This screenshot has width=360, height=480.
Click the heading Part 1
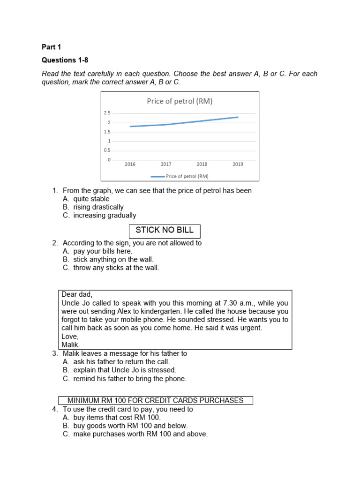pyautogui.click(x=52, y=47)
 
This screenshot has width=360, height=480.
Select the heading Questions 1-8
pyautogui.click(x=65, y=60)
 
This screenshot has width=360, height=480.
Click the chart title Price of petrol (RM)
pyautogui.click(x=180, y=101)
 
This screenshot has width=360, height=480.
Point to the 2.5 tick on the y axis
pyautogui.click(x=107, y=113)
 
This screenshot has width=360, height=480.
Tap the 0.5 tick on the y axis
pyautogui.click(x=107, y=150)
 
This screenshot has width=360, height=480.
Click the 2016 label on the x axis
pyautogui.click(x=130, y=165)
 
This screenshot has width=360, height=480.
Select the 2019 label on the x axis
pyautogui.click(x=238, y=165)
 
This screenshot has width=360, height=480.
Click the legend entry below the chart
pyautogui.click(x=180, y=176)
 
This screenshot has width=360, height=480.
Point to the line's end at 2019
pyautogui.click(x=238, y=117)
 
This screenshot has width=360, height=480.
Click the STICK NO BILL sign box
pyautogui.click(x=165, y=230)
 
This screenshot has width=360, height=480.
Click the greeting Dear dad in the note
pyautogui.click(x=77, y=294)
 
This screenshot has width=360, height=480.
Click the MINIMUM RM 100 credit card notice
pyautogui.click(x=156, y=400)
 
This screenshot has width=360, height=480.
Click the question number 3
pyautogui.click(x=55, y=353)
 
